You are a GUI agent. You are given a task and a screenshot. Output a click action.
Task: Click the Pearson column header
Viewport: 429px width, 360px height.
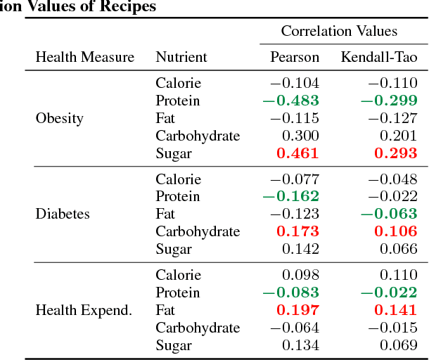[x=295, y=57]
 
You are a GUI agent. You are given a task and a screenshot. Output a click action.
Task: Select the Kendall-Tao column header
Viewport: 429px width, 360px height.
[x=379, y=57]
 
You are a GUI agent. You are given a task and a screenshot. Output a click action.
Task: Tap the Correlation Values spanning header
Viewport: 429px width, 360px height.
[x=339, y=31]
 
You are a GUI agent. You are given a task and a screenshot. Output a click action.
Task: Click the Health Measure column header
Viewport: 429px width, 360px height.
[x=84, y=57]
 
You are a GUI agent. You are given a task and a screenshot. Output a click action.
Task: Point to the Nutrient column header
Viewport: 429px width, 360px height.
[x=181, y=57]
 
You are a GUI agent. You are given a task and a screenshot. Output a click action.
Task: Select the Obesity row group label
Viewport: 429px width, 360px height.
[x=59, y=118]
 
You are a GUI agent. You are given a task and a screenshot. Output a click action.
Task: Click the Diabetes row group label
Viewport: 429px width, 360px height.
[x=63, y=214]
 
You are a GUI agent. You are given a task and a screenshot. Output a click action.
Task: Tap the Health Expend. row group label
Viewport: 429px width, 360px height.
[x=84, y=310]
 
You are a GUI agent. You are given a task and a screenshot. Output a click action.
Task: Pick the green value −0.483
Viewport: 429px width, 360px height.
[x=290, y=101]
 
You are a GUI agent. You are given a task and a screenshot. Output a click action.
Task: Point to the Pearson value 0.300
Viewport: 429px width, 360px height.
[x=300, y=136]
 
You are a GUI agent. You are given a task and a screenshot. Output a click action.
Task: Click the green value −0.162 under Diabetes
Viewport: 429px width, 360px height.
[x=290, y=196]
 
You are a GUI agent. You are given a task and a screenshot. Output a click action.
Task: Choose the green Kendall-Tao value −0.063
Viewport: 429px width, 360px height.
[x=389, y=214]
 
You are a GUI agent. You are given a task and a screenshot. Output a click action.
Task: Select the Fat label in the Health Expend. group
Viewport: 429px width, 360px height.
[x=165, y=310]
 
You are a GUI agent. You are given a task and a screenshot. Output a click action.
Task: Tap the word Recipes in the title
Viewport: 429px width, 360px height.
[x=129, y=6]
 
